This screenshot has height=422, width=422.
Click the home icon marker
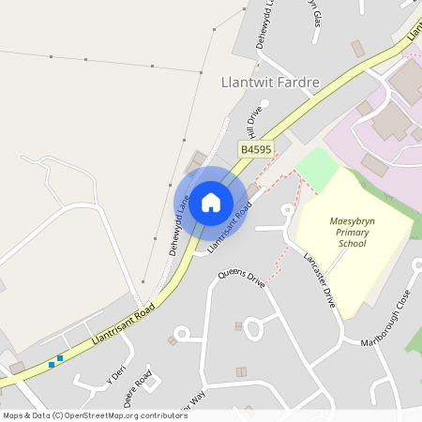211,202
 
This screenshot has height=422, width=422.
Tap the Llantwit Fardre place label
269,83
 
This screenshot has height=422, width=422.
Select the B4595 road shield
256,149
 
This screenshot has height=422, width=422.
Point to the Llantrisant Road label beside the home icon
230,228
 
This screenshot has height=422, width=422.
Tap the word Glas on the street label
316,16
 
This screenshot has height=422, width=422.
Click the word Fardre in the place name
299,83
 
